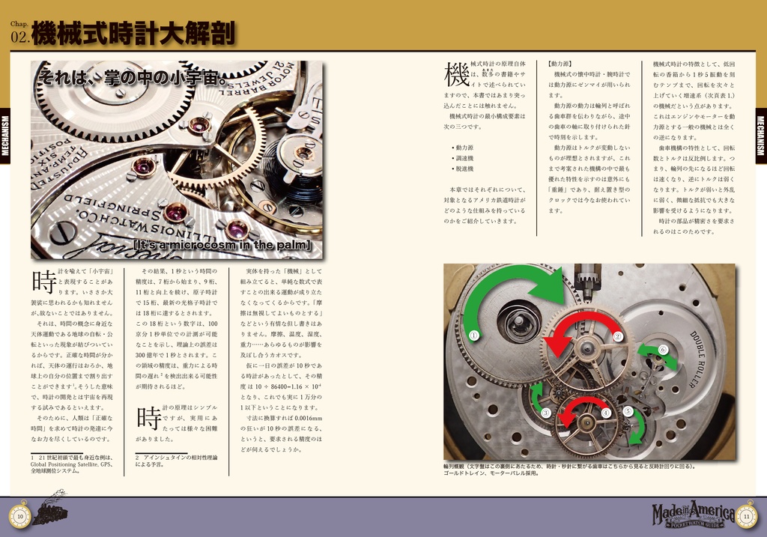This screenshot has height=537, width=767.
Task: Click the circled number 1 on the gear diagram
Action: [x=473, y=336]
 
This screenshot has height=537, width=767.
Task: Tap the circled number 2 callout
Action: [x=618, y=336]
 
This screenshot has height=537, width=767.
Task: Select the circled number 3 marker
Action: [x=546, y=413]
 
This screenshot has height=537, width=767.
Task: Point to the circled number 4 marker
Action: [x=606, y=413]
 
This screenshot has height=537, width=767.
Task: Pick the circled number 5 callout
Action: [x=628, y=410]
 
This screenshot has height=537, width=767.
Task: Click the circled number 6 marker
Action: [x=662, y=350]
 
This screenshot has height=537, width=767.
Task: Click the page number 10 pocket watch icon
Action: [x=20, y=515]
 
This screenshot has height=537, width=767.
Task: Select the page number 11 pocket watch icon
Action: [x=746, y=515]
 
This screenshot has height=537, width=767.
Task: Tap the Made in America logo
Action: [x=693, y=514]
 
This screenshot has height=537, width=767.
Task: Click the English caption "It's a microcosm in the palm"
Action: [x=222, y=246]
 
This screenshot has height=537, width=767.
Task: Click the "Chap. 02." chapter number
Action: [x=19, y=34]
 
